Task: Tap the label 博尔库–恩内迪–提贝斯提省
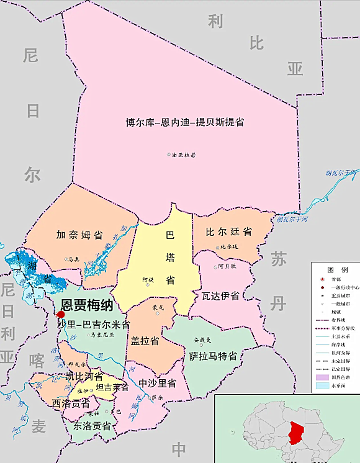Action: click(x=184, y=122)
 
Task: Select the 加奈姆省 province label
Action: click(x=79, y=235)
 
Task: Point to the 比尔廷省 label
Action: click(x=229, y=231)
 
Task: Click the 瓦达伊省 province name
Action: click(x=216, y=295)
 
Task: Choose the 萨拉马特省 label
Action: click(x=213, y=356)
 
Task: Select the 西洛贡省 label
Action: click(x=70, y=403)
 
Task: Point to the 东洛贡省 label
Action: click(x=92, y=426)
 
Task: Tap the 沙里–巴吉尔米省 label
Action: click(x=93, y=324)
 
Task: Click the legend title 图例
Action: click(x=336, y=270)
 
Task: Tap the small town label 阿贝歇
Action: click(x=227, y=266)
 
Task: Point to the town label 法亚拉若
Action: click(x=184, y=155)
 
